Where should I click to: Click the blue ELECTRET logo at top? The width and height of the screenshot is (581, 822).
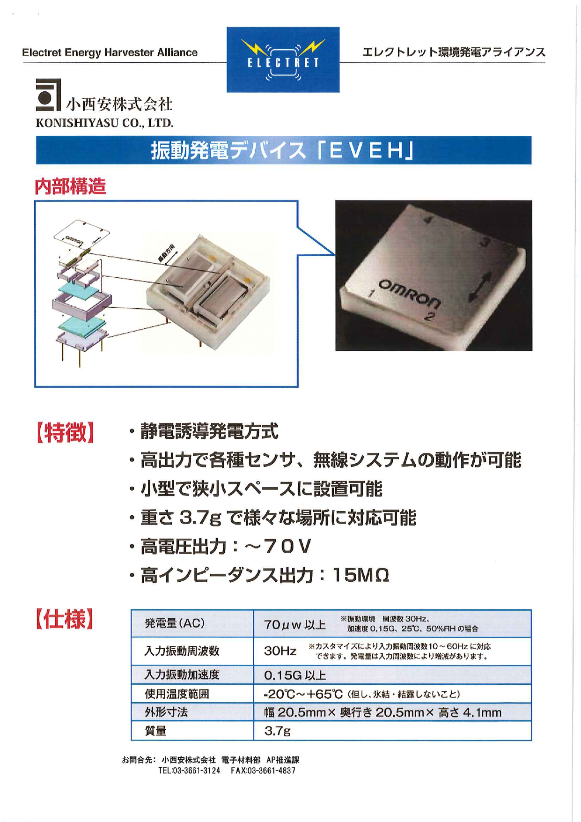coord(283,59)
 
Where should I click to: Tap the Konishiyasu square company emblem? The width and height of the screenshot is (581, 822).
coord(48,95)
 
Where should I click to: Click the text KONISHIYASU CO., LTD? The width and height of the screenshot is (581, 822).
coord(104,123)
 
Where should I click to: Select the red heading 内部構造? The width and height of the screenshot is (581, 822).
coord(70,186)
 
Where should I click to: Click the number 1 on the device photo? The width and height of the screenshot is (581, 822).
coord(371,294)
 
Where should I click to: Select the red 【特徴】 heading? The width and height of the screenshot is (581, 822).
coord(66,432)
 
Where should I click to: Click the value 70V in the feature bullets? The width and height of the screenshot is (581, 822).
coord(287,546)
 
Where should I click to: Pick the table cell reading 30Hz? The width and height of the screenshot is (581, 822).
coord(280,651)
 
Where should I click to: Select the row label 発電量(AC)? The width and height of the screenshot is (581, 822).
coord(175,623)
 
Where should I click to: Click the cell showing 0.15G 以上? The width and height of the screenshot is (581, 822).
coord(295,675)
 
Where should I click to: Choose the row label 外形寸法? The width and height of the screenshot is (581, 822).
coord(166,712)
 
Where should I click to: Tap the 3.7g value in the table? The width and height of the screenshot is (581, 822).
coord(278,731)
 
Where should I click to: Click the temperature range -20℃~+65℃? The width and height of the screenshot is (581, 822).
coord(303,694)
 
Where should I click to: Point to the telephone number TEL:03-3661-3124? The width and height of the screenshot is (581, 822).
coord(189,770)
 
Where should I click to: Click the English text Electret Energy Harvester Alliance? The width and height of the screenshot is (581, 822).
coord(110,52)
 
